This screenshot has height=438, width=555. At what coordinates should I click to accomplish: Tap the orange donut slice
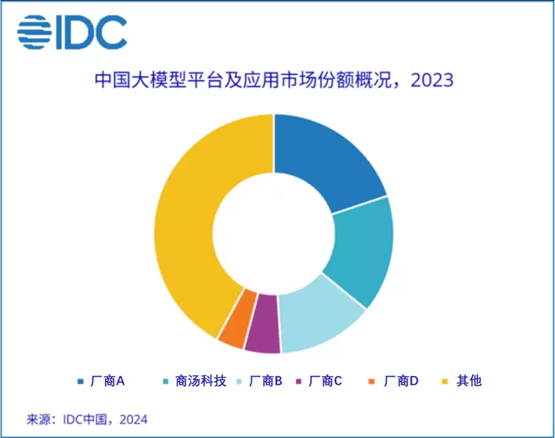(233, 326)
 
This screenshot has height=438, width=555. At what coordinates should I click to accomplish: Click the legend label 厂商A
(107, 381)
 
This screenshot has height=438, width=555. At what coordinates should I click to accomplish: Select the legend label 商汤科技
(195, 381)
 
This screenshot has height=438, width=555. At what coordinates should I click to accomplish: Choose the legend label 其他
(469, 381)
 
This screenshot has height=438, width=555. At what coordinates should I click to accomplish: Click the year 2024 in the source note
(133, 420)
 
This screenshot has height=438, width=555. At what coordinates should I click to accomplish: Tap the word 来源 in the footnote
(39, 420)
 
